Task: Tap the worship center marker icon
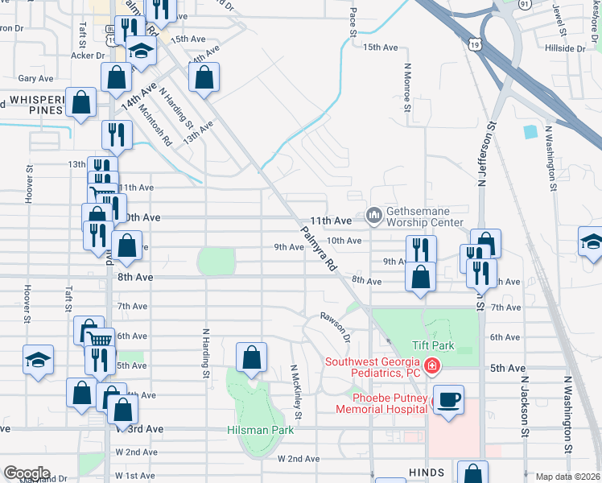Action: [373, 216]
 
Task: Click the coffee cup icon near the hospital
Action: [448, 398]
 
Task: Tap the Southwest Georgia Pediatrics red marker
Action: [432, 367]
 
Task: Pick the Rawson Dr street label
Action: [336, 325]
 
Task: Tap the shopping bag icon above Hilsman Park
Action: [252, 359]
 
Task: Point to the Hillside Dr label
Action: [564, 48]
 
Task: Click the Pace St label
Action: [353, 23]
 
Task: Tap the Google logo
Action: [27, 473]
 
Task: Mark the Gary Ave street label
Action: [35, 78]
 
